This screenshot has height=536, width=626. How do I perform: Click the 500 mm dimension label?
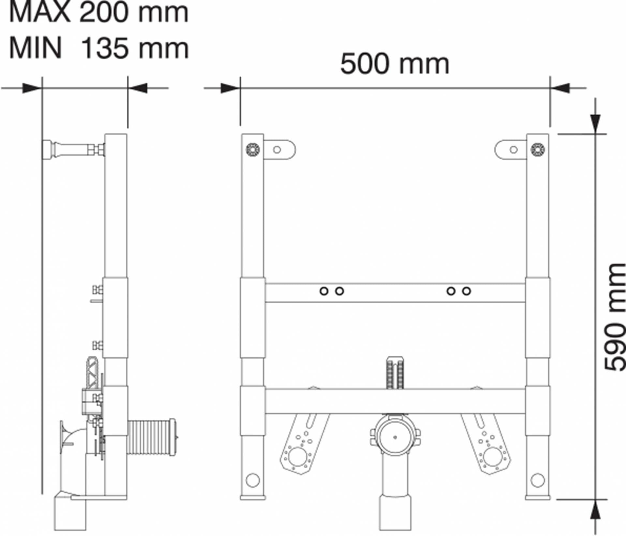pyautogui.click(x=395, y=64)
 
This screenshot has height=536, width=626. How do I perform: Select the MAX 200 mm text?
pyautogui.click(x=99, y=12)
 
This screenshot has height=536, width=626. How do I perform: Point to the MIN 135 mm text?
pyautogui.click(x=99, y=48)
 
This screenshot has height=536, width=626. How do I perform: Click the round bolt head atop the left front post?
pyautogui.click(x=253, y=149)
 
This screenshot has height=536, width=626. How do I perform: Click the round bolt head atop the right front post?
pyautogui.click(x=538, y=149)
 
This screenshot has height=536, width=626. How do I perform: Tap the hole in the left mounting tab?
pyautogui.click(x=277, y=150)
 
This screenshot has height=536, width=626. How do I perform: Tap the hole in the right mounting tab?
pyautogui.click(x=514, y=150)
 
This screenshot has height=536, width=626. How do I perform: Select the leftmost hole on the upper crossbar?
pyautogui.click(x=324, y=291)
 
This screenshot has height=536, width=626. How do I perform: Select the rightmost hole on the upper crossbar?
pyautogui.click(x=467, y=291)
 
